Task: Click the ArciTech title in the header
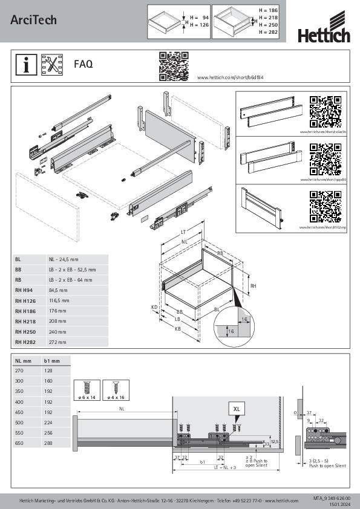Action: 33,20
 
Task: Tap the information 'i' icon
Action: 26,65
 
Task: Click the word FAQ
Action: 83,64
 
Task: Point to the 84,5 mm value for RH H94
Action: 59,289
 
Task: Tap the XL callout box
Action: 236,409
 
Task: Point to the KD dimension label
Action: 154,307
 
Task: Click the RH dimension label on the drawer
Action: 254,287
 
